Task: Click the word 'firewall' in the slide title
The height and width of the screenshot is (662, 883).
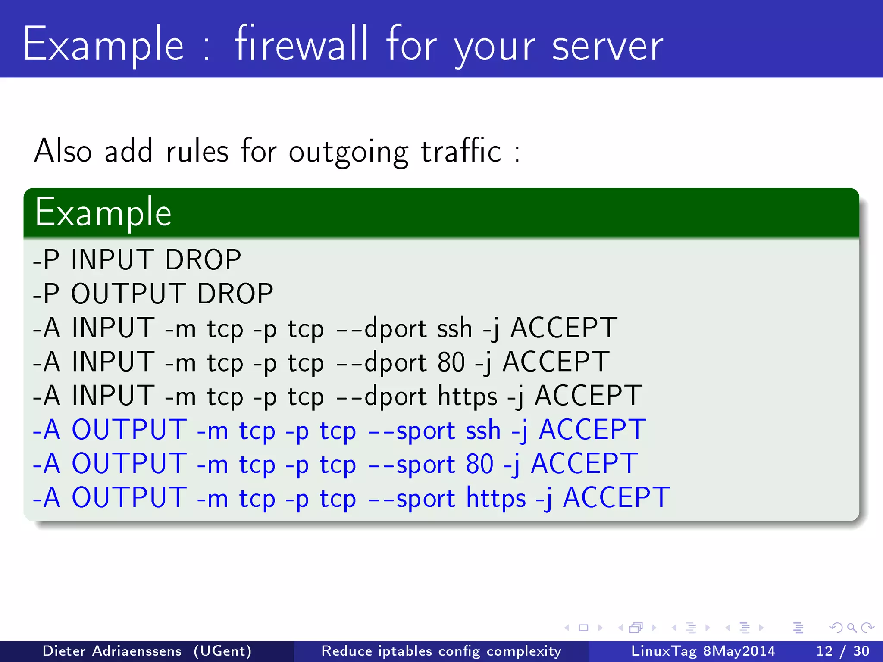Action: (301, 44)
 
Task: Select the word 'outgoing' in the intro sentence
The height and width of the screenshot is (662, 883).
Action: (348, 153)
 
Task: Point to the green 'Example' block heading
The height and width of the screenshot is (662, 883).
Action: (103, 212)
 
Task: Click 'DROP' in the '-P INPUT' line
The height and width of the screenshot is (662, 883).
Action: (203, 260)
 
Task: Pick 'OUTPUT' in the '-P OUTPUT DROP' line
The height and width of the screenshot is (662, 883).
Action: (128, 294)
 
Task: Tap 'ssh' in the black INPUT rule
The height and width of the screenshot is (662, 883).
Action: (454, 328)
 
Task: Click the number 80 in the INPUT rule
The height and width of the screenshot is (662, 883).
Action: (451, 362)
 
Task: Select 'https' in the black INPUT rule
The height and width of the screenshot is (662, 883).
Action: (467, 396)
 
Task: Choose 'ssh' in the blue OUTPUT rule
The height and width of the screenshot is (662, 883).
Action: (483, 430)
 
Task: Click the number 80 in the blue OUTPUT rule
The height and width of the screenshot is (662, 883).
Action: (479, 464)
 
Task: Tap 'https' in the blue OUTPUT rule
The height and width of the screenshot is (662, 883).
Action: (496, 498)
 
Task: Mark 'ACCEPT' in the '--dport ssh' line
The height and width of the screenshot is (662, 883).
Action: (564, 328)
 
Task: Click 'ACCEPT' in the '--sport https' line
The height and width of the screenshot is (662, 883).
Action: (616, 498)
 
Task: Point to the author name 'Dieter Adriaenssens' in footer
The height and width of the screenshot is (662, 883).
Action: (112, 651)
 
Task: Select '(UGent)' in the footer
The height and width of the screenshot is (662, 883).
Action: (222, 651)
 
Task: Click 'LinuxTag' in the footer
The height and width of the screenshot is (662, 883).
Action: (664, 651)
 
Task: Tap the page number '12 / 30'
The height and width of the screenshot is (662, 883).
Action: (842, 651)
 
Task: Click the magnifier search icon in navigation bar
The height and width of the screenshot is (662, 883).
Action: (852, 628)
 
